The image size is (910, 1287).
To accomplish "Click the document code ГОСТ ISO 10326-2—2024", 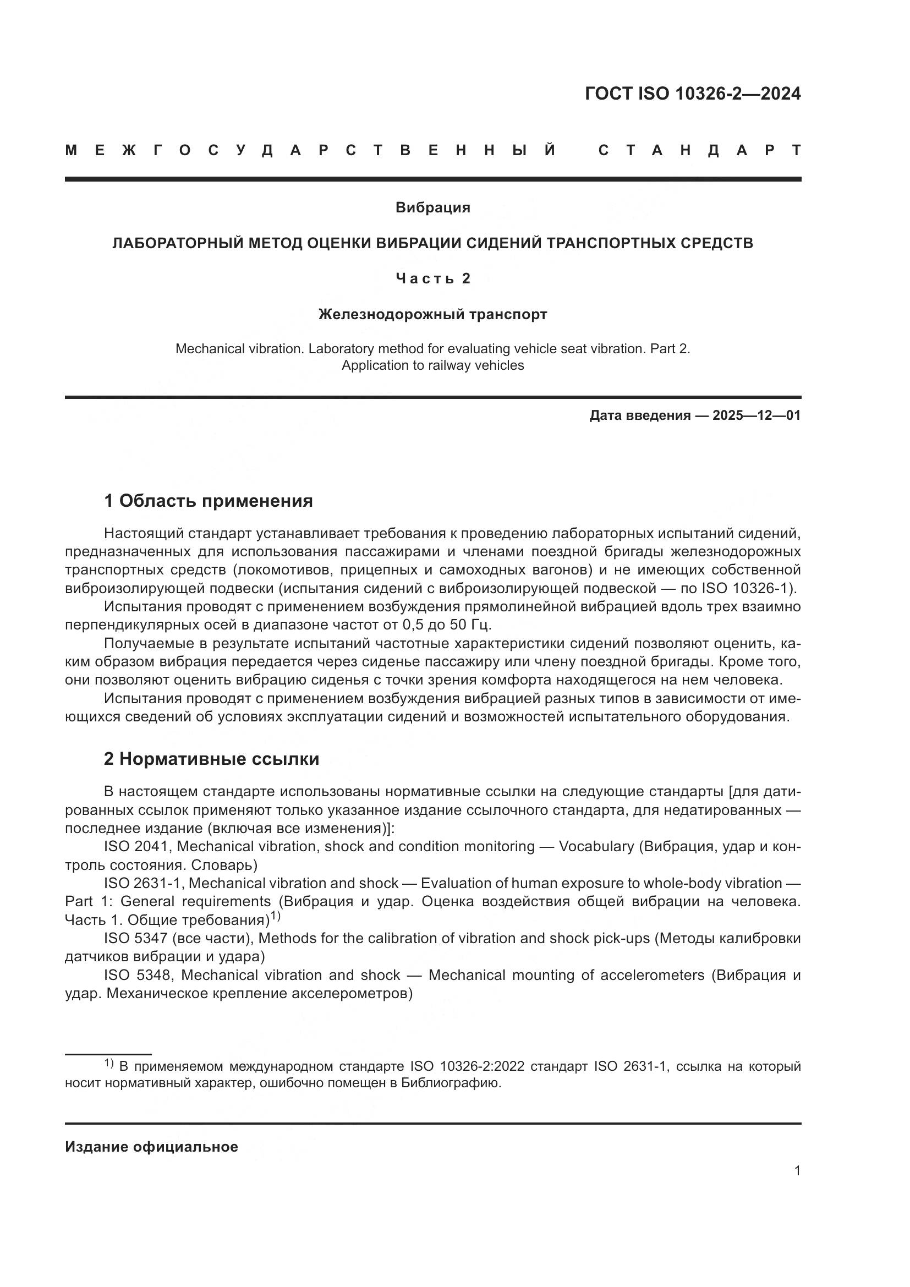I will [x=693, y=94].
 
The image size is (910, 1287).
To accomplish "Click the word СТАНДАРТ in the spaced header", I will [x=699, y=150].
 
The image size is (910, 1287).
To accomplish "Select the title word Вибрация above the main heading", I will [x=432, y=207].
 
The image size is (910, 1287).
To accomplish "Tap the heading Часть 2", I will [x=432, y=278].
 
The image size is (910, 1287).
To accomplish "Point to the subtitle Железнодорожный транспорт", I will [x=432, y=315].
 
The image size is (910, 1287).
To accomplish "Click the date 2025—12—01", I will [x=756, y=415].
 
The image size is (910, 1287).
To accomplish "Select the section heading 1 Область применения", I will [x=208, y=501].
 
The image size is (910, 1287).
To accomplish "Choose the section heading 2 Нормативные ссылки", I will [x=211, y=759].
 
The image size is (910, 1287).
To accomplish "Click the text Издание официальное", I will [x=151, y=1147].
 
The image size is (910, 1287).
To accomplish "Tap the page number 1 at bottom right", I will [x=797, y=1171].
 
